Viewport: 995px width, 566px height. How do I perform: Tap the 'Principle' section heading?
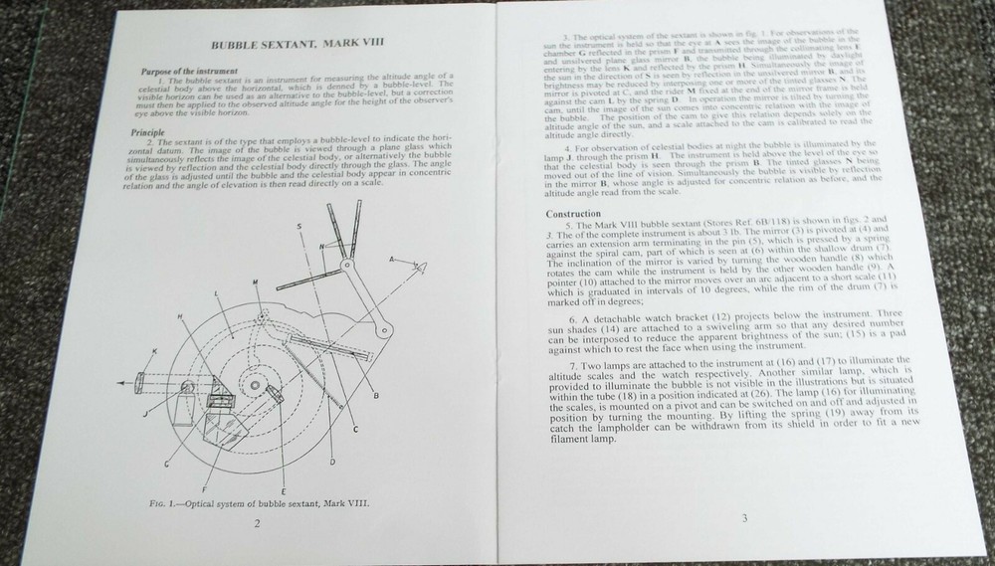tap(148, 132)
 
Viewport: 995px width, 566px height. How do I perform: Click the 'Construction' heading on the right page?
tap(576, 214)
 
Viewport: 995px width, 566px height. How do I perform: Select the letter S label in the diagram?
tap(298, 228)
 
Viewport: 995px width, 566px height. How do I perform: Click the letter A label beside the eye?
tap(391, 257)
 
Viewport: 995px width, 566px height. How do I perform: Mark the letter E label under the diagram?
tap(285, 492)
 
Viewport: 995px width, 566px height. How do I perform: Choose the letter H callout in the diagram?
tap(180, 315)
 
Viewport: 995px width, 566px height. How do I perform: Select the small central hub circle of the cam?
tap(256, 385)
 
